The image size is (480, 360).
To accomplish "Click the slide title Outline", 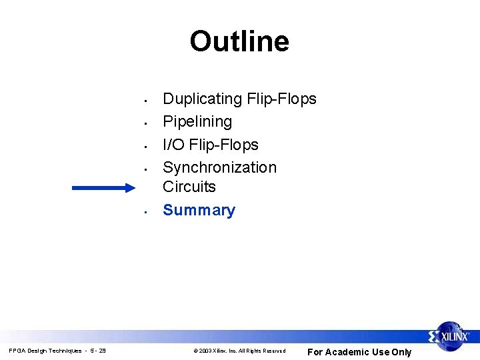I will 239,41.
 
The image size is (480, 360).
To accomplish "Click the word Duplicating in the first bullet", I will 202,99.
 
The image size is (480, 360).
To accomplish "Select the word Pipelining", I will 197,122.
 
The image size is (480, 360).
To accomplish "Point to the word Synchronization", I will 219,167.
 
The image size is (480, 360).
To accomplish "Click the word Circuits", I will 189,187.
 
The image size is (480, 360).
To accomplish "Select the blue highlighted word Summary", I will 199,211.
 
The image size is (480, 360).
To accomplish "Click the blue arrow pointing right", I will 103,188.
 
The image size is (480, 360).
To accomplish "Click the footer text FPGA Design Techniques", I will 45,351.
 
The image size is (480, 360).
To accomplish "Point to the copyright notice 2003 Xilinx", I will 239,351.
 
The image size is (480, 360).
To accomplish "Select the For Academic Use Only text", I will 359,352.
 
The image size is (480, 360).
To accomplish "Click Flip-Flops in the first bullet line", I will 281,99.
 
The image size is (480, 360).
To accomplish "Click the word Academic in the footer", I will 346,352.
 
